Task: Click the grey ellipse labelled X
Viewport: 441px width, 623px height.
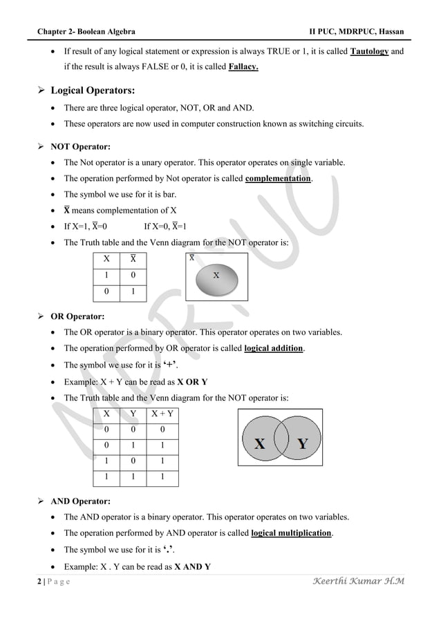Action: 216,275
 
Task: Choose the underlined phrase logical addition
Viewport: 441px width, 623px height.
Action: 274,348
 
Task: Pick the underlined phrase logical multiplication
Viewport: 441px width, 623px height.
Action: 291,533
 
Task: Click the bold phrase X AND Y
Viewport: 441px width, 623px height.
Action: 194,566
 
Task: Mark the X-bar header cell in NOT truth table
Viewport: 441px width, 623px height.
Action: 133,258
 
